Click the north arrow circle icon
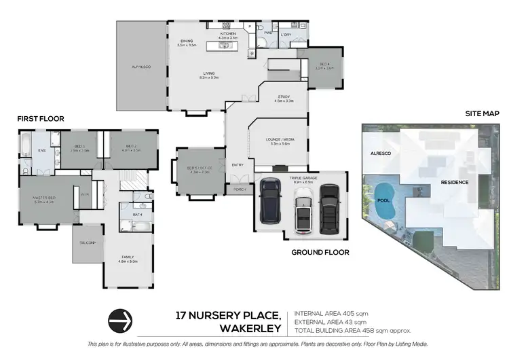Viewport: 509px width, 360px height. pyautogui.click(x=119, y=319)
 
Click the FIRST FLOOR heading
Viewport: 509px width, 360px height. pyautogui.click(x=41, y=119)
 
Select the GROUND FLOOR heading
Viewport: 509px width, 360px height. pyautogui.click(x=320, y=252)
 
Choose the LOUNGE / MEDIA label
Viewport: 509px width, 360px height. pyautogui.click(x=280, y=140)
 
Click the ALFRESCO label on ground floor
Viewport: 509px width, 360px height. pyautogui.click(x=142, y=67)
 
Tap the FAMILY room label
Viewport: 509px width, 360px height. pyautogui.click(x=128, y=258)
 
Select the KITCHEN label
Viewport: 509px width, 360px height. pyautogui.click(x=227, y=34)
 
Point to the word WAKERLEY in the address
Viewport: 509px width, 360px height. pyautogui.click(x=251, y=328)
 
